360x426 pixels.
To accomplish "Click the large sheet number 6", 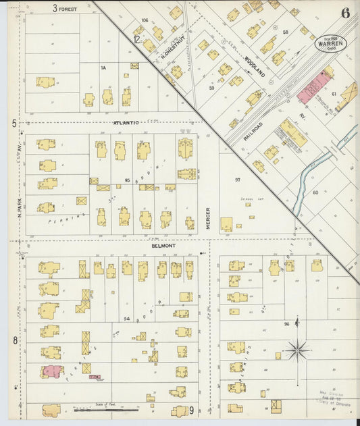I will coord(345,13).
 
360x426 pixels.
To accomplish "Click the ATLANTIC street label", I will coord(126,123).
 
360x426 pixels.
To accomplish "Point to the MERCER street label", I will coord(209,217).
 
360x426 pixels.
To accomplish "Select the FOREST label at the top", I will coord(68,9).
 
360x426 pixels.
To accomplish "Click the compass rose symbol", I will coord(297,350).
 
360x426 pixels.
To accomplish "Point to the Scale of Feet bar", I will coord(106,408).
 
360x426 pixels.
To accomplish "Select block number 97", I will coord(237,180).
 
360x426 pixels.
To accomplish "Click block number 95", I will coord(127,180).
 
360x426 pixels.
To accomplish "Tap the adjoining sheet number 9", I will coord(192,410).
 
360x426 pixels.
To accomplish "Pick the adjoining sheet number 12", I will coord(137,39).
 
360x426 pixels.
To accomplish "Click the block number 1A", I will coord(103,68).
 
